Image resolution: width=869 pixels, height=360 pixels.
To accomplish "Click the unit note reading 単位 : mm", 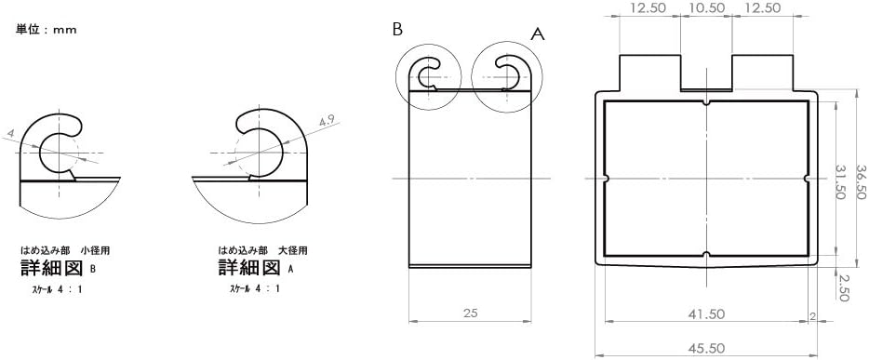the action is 46,30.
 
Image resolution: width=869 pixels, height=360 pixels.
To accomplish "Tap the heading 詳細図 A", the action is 256,269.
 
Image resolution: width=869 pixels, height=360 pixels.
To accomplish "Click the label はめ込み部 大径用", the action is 262,250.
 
